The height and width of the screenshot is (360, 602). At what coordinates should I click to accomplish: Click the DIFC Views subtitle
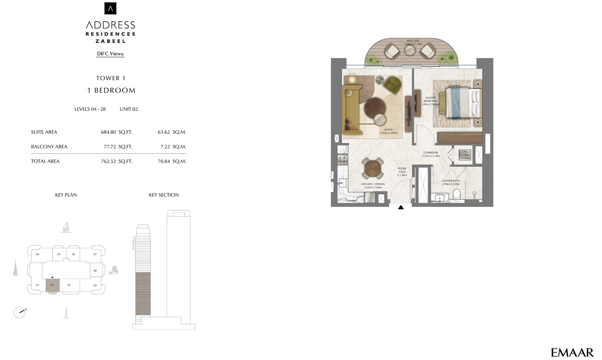(110, 54)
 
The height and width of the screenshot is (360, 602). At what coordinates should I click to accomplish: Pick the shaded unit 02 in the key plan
(52, 285)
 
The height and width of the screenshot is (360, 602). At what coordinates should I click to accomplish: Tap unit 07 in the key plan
(95, 255)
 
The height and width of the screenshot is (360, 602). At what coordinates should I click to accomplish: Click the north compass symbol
(20, 312)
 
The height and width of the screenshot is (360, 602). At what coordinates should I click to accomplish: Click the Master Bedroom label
(431, 100)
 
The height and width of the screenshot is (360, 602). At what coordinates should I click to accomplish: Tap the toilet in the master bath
(456, 194)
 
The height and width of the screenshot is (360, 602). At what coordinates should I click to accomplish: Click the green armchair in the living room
(392, 85)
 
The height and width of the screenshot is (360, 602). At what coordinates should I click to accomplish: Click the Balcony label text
(413, 41)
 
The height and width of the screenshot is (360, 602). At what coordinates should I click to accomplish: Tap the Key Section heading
(164, 195)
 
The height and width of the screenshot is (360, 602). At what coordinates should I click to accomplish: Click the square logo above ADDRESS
(110, 9)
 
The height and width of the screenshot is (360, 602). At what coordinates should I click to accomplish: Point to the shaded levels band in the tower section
(143, 294)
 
